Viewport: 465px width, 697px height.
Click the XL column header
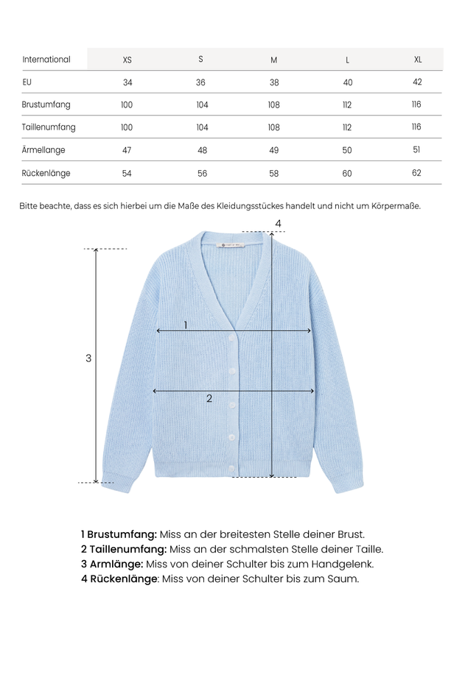pos(418,60)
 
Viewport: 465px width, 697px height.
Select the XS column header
pos(127,60)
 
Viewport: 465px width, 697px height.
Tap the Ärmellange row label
pos(43,150)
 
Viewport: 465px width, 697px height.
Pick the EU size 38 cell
pos(274,82)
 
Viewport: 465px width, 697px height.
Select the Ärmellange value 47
pos(127,150)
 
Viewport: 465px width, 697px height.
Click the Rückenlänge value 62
pos(417,174)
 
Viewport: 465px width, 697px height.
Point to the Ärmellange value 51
pos(417,150)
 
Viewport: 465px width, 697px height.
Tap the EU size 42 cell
pos(418,82)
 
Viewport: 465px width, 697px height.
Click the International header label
pos(46,60)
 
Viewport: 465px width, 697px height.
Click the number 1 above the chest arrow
pos(186,325)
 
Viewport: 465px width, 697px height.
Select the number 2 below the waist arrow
pos(209,398)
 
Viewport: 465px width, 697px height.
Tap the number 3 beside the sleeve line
pos(88,358)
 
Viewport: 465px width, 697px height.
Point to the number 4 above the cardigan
pos(278,223)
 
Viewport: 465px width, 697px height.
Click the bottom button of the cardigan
pos(231,468)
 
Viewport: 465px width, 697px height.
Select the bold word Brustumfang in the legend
pos(122,534)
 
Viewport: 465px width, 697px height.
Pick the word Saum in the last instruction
pos(343,579)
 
